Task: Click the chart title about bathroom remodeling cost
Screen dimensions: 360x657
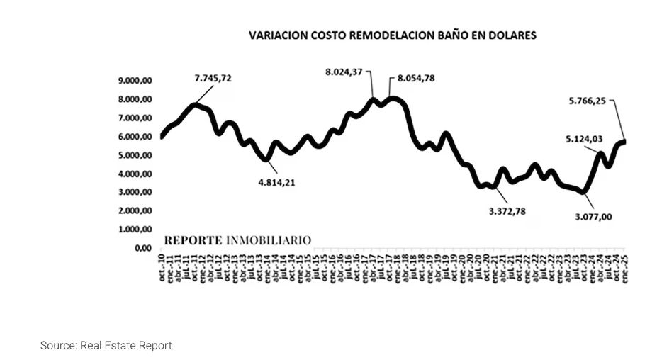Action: [392, 34]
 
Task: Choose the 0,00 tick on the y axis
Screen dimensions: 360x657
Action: [142, 248]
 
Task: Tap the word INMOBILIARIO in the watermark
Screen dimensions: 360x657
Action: [269, 240]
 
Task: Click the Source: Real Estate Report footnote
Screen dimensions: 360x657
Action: [106, 346]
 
